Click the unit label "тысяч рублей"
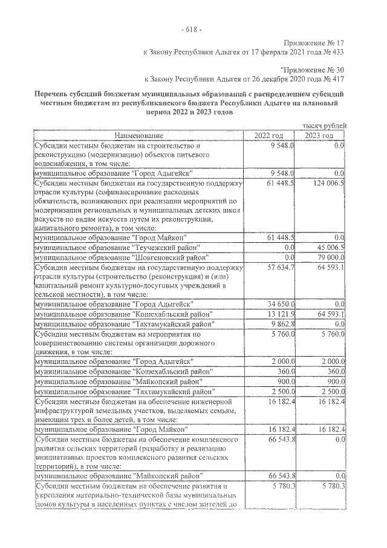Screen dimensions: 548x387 point(325,125)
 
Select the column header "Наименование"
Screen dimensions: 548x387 point(139,135)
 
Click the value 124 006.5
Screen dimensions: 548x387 point(328,183)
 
